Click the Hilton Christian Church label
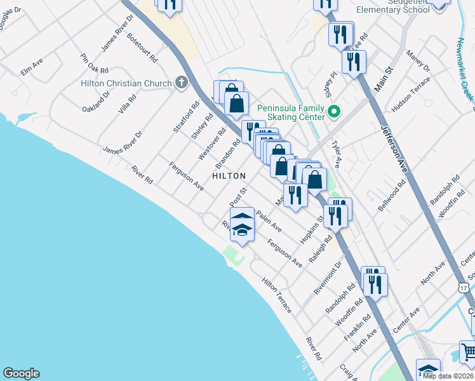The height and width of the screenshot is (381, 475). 126,83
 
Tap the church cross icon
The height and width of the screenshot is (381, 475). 182,83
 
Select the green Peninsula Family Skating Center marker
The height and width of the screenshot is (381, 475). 334,112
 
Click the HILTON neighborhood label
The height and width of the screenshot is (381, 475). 229,176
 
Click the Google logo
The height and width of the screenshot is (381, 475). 21,373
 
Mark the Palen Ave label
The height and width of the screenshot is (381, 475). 269,220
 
